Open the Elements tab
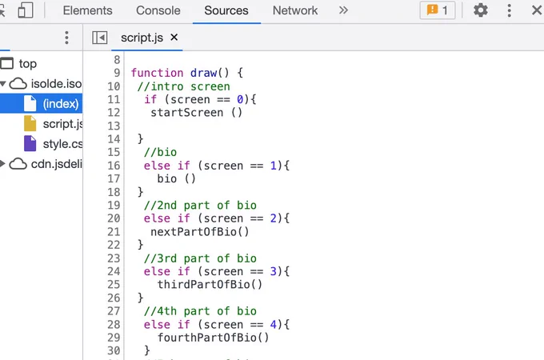click(87, 10)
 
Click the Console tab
click(158, 10)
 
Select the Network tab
click(295, 10)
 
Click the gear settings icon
click(481, 10)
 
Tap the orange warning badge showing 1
click(438, 10)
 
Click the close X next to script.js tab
click(174, 37)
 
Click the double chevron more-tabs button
click(343, 10)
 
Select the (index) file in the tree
click(61, 104)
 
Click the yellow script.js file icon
click(30, 123)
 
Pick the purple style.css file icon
click(30, 143)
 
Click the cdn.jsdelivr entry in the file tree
click(56, 164)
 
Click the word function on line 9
click(157, 73)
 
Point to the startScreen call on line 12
click(196, 112)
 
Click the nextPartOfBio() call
click(200, 231)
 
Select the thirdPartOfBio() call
click(210, 284)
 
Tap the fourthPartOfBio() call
click(213, 338)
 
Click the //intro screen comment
click(183, 86)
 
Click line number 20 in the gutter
click(114, 218)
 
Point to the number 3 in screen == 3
click(274, 271)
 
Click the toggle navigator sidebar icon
click(99, 38)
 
